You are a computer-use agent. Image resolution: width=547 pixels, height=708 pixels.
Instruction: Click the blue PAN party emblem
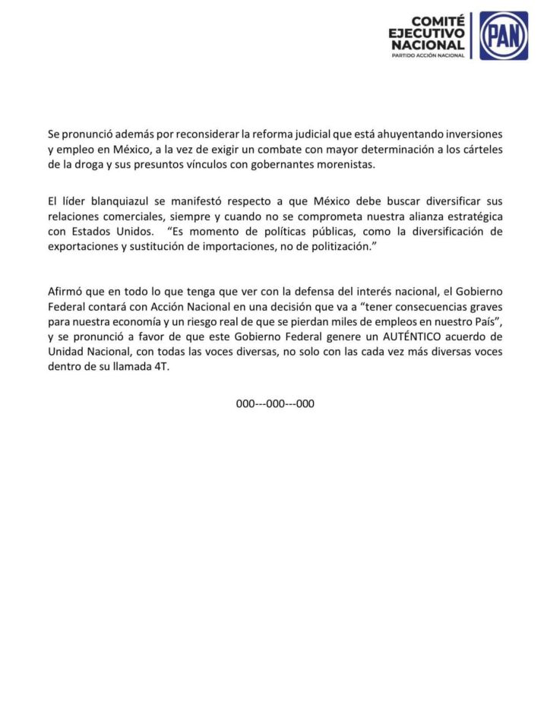[x=504, y=35]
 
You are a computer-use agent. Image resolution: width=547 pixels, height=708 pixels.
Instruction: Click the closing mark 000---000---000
[x=275, y=404]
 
